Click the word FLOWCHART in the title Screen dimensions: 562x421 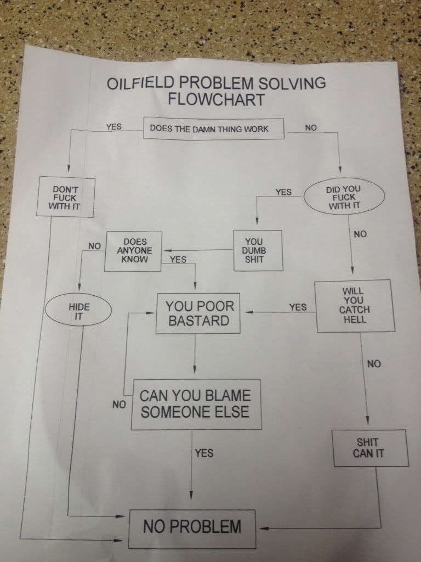pyautogui.click(x=216, y=100)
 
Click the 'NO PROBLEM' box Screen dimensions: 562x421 pyautogui.click(x=192, y=527)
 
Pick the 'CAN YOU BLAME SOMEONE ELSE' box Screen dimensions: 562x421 pyautogui.click(x=195, y=403)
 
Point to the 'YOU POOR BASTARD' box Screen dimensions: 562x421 pyautogui.click(x=198, y=313)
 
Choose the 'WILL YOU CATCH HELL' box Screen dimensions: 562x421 pyautogui.click(x=354, y=305)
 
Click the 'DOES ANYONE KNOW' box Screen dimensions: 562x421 pyautogui.click(x=134, y=250)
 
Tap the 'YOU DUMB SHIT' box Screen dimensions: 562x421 pyautogui.click(x=254, y=250)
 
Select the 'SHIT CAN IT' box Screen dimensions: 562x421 pyautogui.click(x=368, y=447)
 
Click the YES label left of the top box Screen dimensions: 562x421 pyautogui.click(x=113, y=126)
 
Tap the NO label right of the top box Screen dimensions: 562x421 pyautogui.click(x=311, y=128)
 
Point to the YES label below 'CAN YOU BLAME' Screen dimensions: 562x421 pyautogui.click(x=204, y=453)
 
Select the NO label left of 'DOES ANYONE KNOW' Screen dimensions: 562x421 pyautogui.click(x=94, y=246)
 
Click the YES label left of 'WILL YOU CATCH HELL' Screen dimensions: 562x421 pyautogui.click(x=298, y=307)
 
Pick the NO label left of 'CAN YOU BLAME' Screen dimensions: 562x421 pyautogui.click(x=119, y=405)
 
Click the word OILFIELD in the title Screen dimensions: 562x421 pyautogui.click(x=139, y=84)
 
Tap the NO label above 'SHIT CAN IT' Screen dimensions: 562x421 pyautogui.click(x=374, y=363)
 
